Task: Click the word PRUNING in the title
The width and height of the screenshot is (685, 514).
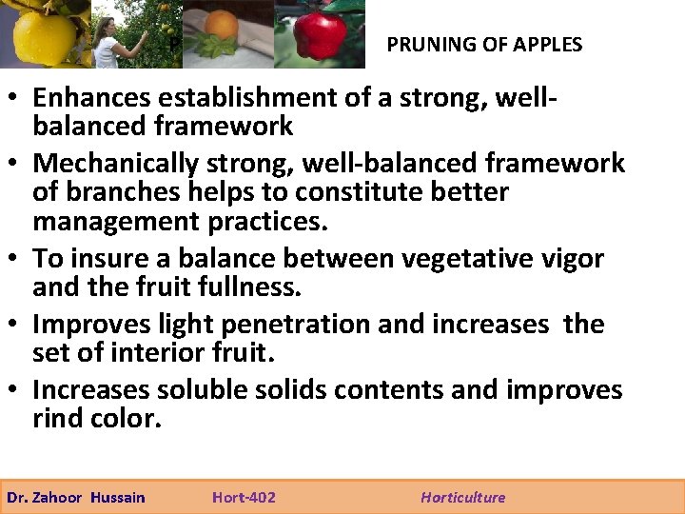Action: click(x=425, y=45)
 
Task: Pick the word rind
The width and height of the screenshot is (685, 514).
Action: click(x=60, y=419)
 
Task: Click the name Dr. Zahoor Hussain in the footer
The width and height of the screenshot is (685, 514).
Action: click(x=76, y=497)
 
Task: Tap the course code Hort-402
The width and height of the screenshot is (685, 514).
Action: click(x=244, y=497)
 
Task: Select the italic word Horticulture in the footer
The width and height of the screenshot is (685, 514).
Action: click(x=462, y=497)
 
